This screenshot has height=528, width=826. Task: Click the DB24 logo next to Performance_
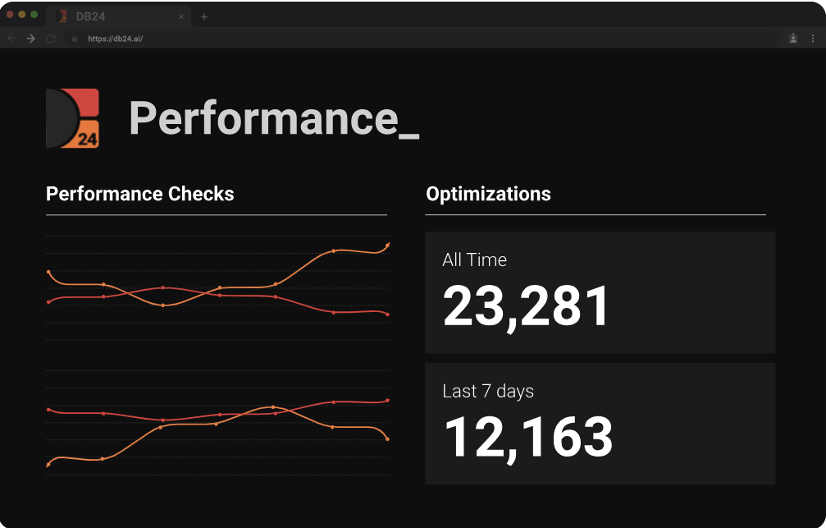click(73, 118)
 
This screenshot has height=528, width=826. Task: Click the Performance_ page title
click(274, 118)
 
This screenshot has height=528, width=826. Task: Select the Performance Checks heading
click(140, 195)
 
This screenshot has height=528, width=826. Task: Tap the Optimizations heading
click(488, 195)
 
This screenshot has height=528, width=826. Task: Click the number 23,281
click(527, 306)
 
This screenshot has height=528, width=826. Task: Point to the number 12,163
click(528, 437)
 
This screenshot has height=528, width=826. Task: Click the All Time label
click(474, 260)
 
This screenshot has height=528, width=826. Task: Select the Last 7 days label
click(488, 392)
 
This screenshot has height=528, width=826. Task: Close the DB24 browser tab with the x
click(180, 16)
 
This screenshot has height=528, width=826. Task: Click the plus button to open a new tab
click(204, 16)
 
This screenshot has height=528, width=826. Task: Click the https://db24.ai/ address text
click(116, 39)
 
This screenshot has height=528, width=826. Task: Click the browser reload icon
click(51, 39)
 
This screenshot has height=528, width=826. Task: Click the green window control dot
click(34, 15)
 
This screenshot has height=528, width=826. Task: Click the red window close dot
click(11, 15)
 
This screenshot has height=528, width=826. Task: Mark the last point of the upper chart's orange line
click(387, 245)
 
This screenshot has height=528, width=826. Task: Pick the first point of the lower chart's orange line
click(48, 465)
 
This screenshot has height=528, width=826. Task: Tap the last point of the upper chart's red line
click(387, 315)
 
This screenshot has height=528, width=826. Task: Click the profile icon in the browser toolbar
click(793, 39)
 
